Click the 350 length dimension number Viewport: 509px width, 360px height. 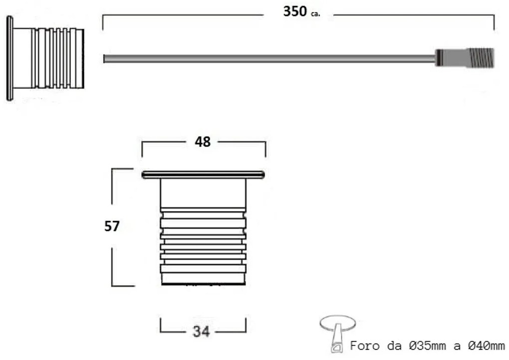294,11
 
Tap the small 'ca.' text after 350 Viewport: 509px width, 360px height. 315,14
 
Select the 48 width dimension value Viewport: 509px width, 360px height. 202,142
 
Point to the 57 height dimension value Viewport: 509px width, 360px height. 112,226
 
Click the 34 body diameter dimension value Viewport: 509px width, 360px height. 201,331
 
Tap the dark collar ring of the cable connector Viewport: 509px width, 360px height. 439,58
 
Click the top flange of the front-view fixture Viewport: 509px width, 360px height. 203,174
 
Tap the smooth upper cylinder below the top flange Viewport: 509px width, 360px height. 203,193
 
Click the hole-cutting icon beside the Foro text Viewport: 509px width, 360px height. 337,332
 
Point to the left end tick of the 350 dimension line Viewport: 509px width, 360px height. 103,22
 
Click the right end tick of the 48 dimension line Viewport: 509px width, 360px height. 265,149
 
